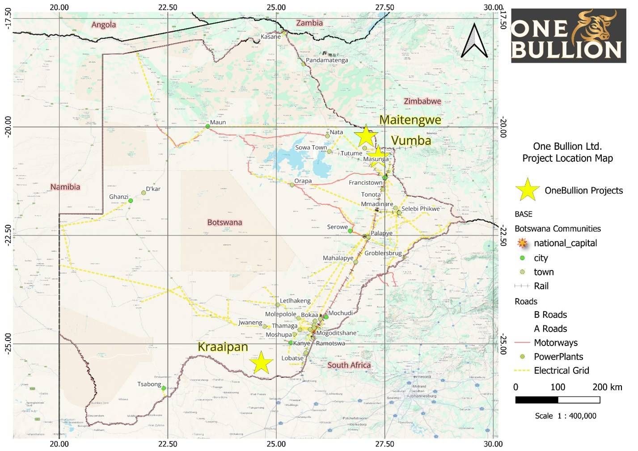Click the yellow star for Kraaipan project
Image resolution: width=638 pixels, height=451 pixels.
click(x=261, y=362)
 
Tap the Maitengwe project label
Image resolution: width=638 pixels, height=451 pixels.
click(x=410, y=120)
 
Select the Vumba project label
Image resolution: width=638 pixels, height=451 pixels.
click(x=411, y=141)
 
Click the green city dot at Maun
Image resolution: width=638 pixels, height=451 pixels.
click(x=207, y=126)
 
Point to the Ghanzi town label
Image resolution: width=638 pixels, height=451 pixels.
click(x=118, y=197)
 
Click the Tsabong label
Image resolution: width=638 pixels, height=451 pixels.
click(x=149, y=384)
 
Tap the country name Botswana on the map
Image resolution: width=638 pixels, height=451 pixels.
click(x=224, y=222)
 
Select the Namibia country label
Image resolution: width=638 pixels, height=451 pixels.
click(x=65, y=187)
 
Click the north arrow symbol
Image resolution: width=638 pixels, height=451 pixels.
click(x=474, y=41)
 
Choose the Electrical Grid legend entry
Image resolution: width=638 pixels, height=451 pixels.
click(x=561, y=371)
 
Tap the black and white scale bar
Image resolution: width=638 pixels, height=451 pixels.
click(x=557, y=400)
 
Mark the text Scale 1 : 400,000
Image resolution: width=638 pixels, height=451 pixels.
click(x=565, y=416)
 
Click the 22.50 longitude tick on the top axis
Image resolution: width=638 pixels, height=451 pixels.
click(x=167, y=7)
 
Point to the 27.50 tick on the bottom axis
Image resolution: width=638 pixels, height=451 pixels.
click(x=384, y=444)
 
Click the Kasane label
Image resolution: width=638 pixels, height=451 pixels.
click(x=270, y=37)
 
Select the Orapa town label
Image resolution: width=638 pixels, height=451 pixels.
click(x=303, y=181)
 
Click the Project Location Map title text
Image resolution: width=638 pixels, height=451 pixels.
click(x=567, y=158)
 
